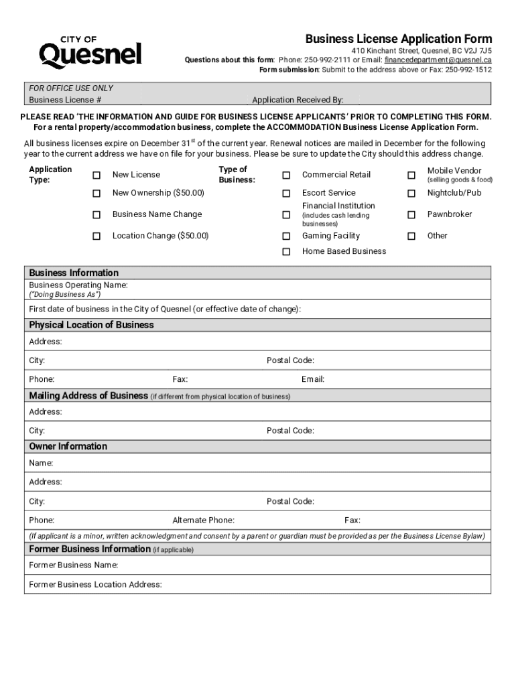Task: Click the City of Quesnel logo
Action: pos(90,50)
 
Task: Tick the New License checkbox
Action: pos(96,175)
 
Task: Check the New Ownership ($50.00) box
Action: pos(96,194)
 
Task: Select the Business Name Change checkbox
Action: pos(96,215)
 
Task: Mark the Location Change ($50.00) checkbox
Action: pos(96,236)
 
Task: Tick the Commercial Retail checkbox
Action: pos(286,175)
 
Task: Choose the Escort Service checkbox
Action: pos(286,194)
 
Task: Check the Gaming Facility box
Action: pos(286,236)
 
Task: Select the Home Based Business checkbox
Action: pos(286,252)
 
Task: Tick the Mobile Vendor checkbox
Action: pos(411,175)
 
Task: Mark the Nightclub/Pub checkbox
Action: pos(411,194)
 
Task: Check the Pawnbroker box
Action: pos(411,215)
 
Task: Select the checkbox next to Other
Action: pos(411,236)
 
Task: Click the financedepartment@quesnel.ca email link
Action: pos(438,60)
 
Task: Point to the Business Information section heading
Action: pos(74,273)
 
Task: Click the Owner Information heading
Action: pos(68,447)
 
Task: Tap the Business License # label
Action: pos(65,100)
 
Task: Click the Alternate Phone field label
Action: pos(203,521)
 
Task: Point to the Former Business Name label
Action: pos(74,565)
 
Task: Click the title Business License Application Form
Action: pos(399,39)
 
